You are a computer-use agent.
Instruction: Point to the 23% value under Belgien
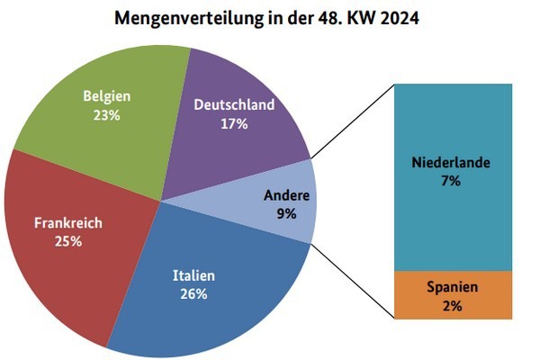tap(107, 116)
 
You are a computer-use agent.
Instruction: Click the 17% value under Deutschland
tap(234, 124)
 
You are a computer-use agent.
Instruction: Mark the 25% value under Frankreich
tap(68, 241)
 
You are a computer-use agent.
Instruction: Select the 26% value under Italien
tap(194, 293)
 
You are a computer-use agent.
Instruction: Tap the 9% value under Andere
tap(287, 213)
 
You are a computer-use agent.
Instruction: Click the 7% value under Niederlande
tap(451, 181)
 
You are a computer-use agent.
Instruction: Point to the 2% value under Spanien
tap(452, 306)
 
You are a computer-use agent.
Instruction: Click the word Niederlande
tap(451, 163)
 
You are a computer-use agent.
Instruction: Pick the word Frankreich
tap(68, 222)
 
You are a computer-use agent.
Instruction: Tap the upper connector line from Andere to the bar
tap(354, 121)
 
